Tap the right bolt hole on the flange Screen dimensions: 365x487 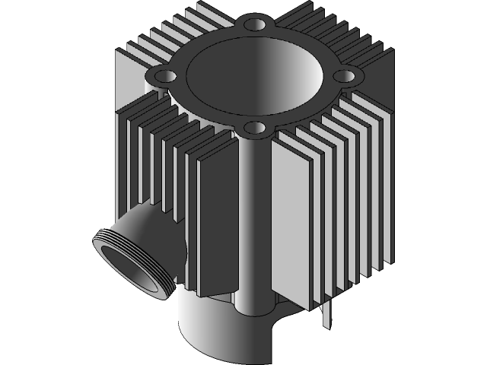pos(345,76)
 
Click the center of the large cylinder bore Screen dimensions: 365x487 pos(251,76)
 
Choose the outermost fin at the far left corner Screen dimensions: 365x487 pos(122,152)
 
